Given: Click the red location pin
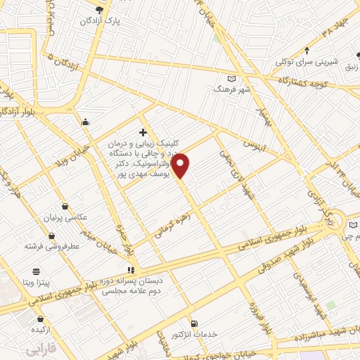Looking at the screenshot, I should (x=181, y=165).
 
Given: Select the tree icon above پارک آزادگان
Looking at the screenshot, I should (x=99, y=10).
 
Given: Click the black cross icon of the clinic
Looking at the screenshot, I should (x=143, y=131).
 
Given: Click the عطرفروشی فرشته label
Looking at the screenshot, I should (x=51, y=246).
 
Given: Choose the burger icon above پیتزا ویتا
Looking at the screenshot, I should (x=37, y=271).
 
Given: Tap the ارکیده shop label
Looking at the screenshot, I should (x=39, y=329).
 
